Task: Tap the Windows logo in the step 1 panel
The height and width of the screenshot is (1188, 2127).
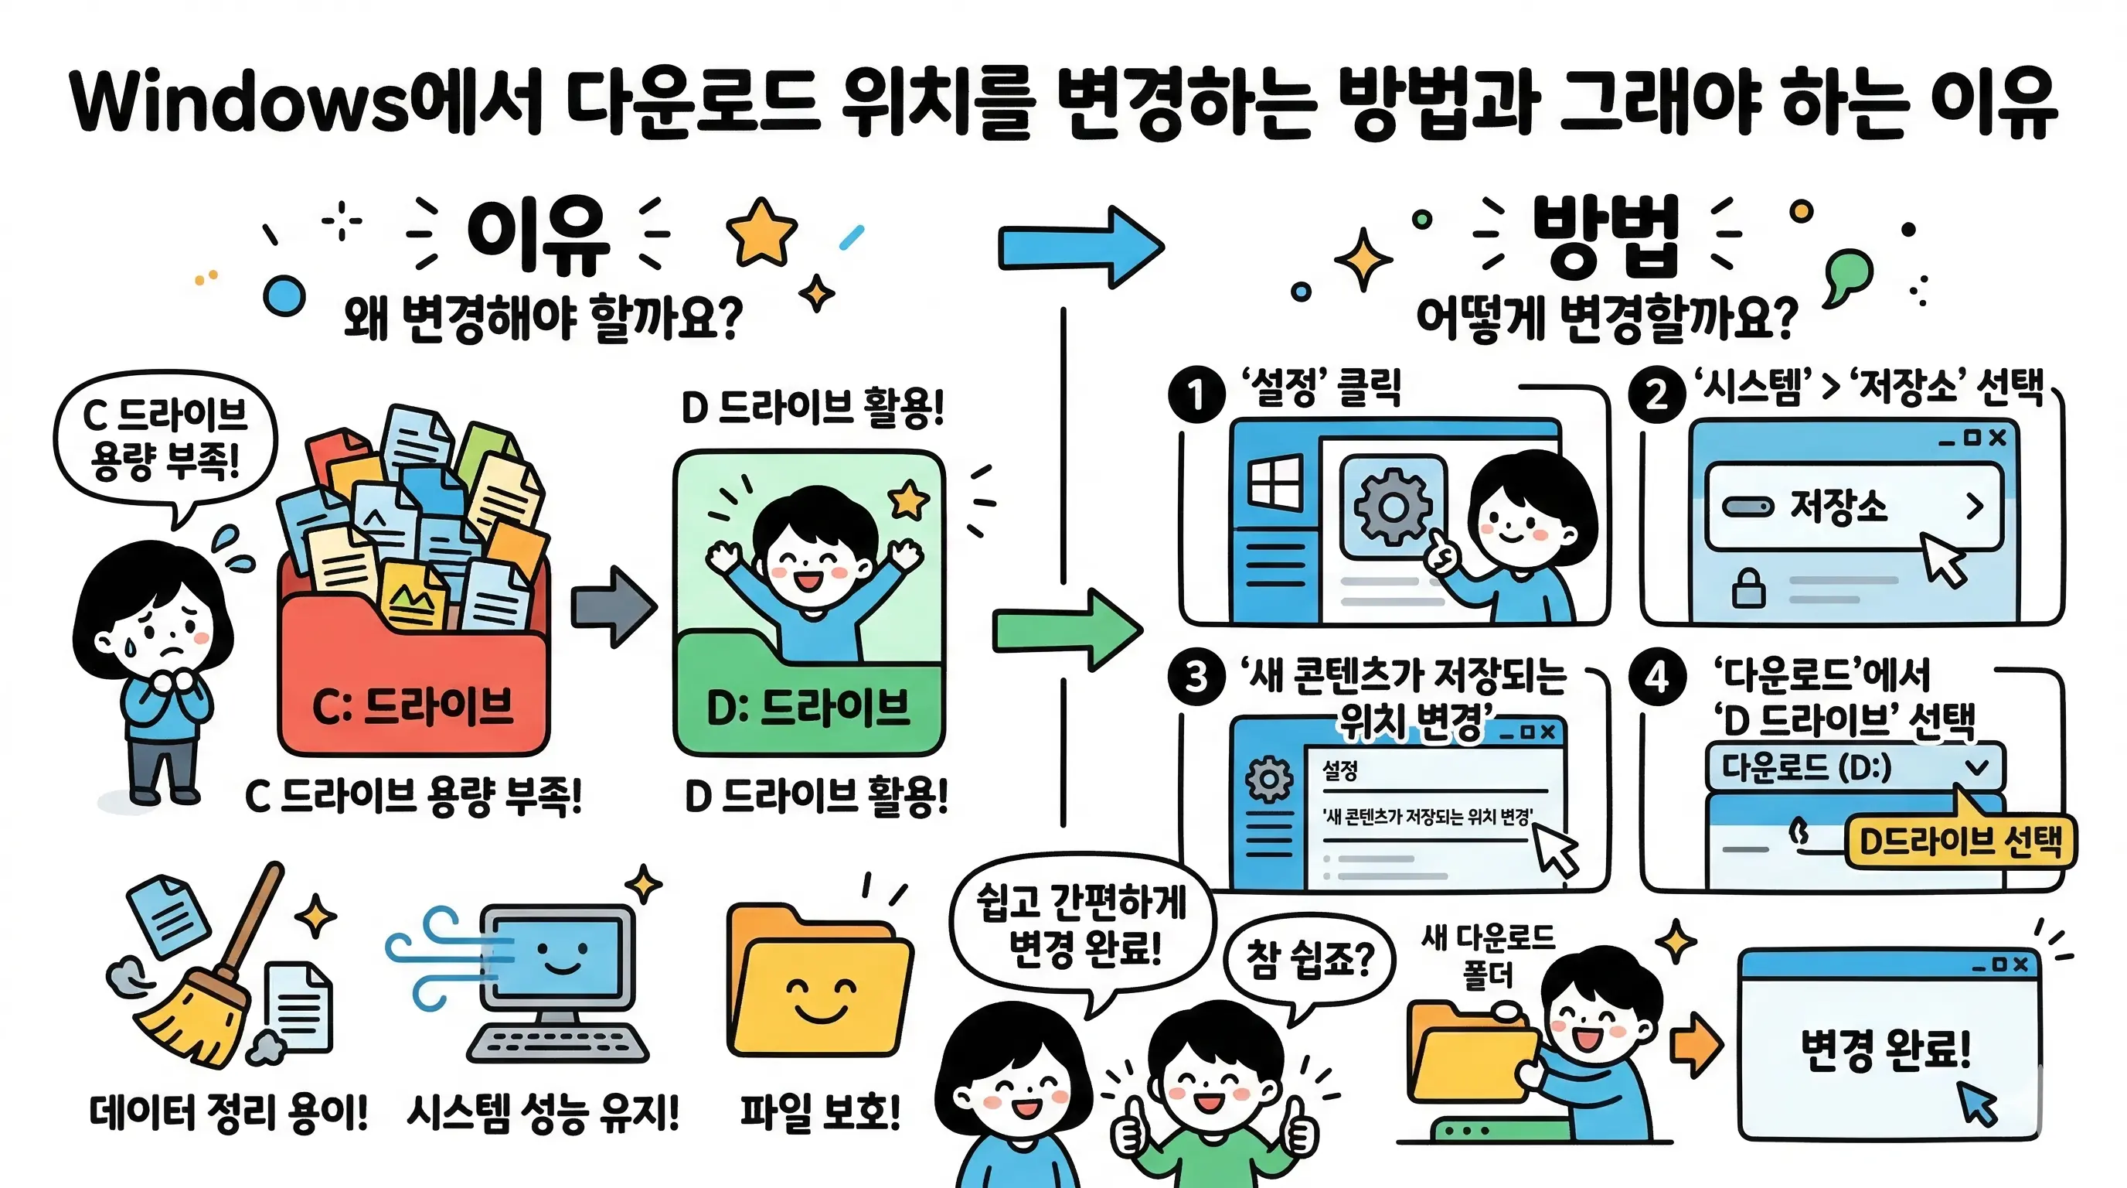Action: (x=1274, y=484)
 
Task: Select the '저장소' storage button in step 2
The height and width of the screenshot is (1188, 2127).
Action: (x=1853, y=507)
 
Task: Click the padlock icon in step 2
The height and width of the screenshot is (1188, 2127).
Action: (x=1748, y=589)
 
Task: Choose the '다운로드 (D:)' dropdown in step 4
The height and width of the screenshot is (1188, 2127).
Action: (x=1853, y=767)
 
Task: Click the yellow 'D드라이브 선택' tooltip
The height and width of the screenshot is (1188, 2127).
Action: (x=1959, y=841)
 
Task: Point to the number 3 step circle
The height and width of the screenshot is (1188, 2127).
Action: (x=1196, y=678)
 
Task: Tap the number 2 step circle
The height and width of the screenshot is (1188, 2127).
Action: (x=1656, y=394)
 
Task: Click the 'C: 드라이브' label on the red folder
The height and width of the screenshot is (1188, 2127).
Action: (x=413, y=707)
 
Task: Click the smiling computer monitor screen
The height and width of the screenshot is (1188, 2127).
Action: (x=561, y=958)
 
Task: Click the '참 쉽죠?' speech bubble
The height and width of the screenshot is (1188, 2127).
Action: (x=1309, y=960)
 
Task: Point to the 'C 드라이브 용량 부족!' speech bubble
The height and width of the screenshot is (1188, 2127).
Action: (x=165, y=438)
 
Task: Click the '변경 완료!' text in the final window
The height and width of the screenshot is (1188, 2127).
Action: (x=1886, y=1050)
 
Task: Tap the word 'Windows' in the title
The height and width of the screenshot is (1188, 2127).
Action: (x=240, y=104)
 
